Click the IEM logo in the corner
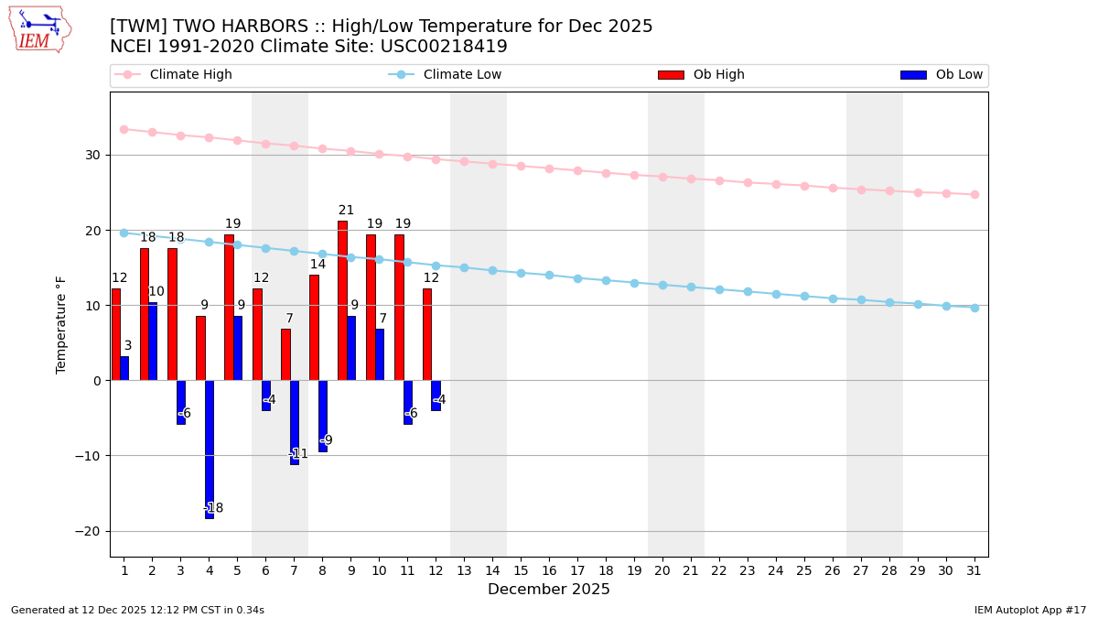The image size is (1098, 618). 39,29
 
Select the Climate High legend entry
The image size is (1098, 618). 190,75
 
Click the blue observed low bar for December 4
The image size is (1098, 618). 210,449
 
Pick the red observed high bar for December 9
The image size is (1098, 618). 342,300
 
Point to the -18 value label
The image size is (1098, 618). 213,508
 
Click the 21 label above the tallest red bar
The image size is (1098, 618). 346,211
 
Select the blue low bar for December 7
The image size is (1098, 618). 295,422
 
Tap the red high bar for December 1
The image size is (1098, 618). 116,334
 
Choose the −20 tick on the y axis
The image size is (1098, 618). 91,531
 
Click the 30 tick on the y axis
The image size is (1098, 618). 94,155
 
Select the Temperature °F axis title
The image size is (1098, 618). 61,324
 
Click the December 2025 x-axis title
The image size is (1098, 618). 549,590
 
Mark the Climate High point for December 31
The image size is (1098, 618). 974,194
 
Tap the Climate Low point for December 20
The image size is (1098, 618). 662,285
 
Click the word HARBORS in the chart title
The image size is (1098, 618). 264,27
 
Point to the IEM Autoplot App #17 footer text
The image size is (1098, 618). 1030,610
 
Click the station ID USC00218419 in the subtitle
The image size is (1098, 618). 442,47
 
